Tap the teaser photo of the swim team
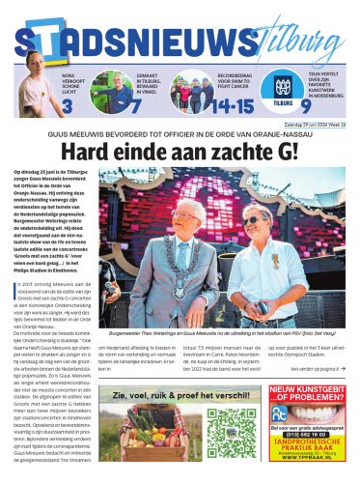(x=194, y=92)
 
